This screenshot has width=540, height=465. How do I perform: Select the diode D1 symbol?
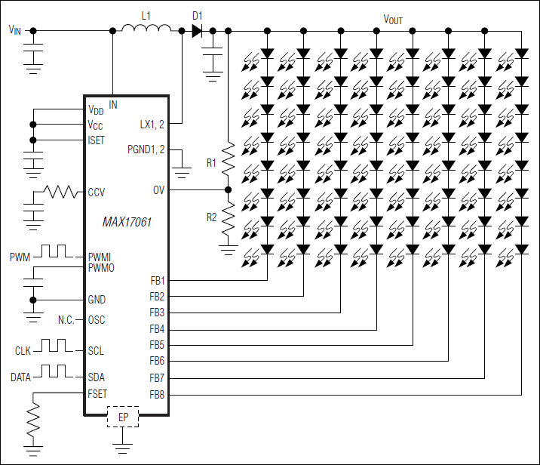197,31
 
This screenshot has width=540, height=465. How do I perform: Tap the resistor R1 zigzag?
228,159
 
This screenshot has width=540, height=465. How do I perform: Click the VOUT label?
394,19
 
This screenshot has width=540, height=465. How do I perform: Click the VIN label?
15,30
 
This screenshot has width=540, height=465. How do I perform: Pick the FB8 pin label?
157,394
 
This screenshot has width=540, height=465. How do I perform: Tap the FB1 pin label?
157,281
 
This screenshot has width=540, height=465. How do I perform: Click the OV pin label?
158,190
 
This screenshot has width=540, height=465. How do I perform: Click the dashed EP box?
124,417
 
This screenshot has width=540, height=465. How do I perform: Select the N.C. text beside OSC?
66,320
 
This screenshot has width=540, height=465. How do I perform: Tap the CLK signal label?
23,351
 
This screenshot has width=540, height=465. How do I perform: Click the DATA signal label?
21,377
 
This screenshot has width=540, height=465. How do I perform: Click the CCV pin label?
97,192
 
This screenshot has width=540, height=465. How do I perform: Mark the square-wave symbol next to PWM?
54,251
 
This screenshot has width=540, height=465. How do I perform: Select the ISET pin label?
97,140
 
